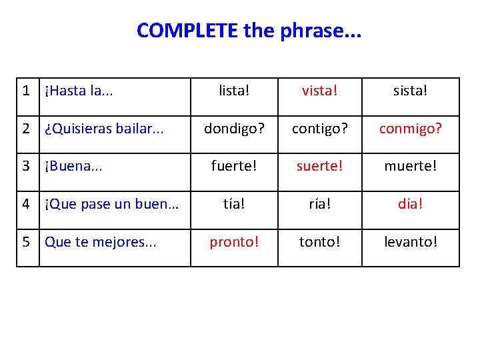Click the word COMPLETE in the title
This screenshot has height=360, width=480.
pyautogui.click(x=187, y=31)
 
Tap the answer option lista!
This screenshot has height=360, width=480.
pyautogui.click(x=233, y=91)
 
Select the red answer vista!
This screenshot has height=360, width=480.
pyautogui.click(x=319, y=91)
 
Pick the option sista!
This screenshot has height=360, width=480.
pyautogui.click(x=411, y=91)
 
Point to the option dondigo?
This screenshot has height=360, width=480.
pyautogui.click(x=233, y=129)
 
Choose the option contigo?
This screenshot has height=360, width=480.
pyautogui.click(x=319, y=129)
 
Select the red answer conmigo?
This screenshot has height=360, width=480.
pyautogui.click(x=411, y=129)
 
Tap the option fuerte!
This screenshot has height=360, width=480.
pyautogui.click(x=233, y=166)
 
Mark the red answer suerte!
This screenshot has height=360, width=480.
pyautogui.click(x=319, y=166)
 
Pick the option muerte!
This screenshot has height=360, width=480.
pyautogui.click(x=411, y=166)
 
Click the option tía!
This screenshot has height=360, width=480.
pyautogui.click(x=233, y=204)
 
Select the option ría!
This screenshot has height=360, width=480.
pyautogui.click(x=319, y=204)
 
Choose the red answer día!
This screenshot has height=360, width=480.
pyautogui.click(x=411, y=204)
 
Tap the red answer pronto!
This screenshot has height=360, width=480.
pyautogui.click(x=233, y=242)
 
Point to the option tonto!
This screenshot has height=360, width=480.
pyautogui.click(x=319, y=242)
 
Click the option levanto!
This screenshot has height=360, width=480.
pyautogui.click(x=411, y=242)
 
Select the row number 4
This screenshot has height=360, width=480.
pyautogui.click(x=27, y=204)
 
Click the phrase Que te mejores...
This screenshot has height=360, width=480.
pyautogui.click(x=100, y=242)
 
